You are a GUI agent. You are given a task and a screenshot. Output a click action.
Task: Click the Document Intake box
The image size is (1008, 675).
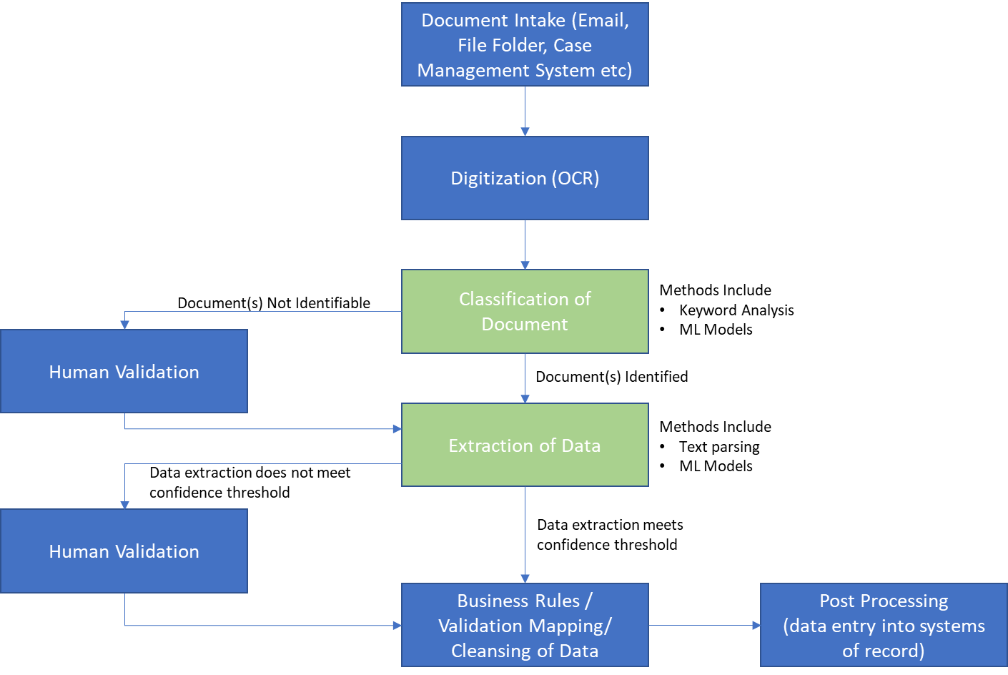click(525, 45)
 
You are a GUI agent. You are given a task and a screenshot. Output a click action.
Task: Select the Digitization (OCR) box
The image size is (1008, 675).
click(525, 178)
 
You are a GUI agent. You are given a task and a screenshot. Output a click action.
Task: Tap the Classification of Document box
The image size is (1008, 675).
click(525, 311)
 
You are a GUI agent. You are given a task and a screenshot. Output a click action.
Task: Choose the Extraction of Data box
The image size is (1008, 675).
click(525, 445)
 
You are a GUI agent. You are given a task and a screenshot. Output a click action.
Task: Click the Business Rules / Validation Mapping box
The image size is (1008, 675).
click(525, 625)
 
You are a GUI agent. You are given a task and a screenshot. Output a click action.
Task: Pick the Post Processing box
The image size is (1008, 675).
click(884, 625)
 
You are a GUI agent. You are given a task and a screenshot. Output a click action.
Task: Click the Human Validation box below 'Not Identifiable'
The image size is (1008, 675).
click(124, 371)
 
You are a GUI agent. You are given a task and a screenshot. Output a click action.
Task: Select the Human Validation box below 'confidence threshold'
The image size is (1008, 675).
click(124, 551)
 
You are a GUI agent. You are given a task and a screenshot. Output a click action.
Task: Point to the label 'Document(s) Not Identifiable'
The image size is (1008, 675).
click(274, 303)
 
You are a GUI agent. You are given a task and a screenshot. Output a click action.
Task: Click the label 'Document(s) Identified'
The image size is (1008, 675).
click(611, 377)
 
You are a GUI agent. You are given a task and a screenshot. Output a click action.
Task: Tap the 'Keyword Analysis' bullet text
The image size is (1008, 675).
click(736, 310)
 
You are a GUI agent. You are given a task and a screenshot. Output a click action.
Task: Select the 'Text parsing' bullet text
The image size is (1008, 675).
click(719, 447)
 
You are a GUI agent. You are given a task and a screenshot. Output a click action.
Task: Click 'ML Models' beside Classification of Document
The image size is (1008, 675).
click(716, 330)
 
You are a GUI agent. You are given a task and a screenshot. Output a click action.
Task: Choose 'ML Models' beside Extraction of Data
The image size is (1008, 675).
click(716, 466)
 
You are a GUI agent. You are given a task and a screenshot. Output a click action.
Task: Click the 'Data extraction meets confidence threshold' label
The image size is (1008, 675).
click(609, 535)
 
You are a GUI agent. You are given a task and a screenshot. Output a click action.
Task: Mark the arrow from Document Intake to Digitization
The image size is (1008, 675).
click(525, 112)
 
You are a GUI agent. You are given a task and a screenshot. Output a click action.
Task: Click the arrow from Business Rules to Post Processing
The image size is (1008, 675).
click(704, 626)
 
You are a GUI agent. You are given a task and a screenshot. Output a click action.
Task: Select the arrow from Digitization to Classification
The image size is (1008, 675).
click(525, 245)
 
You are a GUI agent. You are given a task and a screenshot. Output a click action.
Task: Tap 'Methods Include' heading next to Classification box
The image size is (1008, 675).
click(715, 290)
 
